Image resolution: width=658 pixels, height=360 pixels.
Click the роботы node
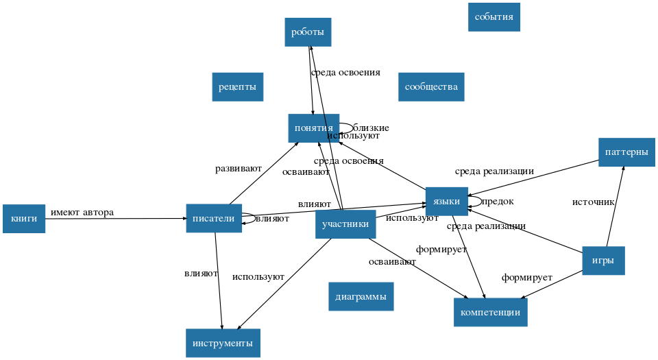click(x=308, y=32)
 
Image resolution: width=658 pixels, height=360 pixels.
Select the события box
click(x=493, y=17)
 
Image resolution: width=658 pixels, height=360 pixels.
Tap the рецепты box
click(x=237, y=87)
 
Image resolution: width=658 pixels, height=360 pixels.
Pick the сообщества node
click(x=430, y=87)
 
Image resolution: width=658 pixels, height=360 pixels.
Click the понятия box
click(x=313, y=128)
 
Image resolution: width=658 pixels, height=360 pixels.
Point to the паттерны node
click(x=626, y=152)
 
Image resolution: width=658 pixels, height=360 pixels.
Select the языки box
click(x=446, y=201)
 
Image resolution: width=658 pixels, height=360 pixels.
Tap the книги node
click(x=24, y=219)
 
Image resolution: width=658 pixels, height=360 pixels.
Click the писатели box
click(x=213, y=219)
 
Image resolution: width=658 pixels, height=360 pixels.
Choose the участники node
click(x=345, y=224)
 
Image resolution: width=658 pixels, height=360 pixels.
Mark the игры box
click(x=603, y=261)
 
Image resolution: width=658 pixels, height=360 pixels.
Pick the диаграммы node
click(x=361, y=297)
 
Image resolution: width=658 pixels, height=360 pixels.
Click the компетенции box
click(x=490, y=313)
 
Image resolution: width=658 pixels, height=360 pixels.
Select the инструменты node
click(x=223, y=343)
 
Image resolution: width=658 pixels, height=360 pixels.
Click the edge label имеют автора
click(x=82, y=213)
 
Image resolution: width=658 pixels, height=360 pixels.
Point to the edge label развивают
click(x=239, y=168)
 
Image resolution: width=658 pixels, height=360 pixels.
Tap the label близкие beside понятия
click(x=371, y=128)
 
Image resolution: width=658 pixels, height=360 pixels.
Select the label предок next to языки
click(x=498, y=202)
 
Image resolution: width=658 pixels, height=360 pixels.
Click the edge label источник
click(x=594, y=202)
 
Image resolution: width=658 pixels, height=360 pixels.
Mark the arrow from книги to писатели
click(x=117, y=219)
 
